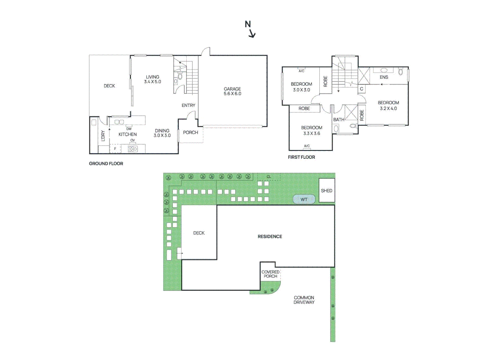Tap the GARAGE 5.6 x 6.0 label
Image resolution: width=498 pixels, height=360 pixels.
232,91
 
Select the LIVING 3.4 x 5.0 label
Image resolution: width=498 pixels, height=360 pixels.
153,79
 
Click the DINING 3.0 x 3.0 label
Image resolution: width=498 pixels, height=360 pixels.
162,133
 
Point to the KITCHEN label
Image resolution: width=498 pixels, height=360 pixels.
128,134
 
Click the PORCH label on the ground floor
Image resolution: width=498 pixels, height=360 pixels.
190,133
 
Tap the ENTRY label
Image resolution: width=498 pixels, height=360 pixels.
188,105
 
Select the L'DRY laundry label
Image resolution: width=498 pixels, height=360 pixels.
103,136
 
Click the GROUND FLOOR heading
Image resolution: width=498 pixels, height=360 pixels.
106,164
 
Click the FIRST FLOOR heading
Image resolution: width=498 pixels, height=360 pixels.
301,157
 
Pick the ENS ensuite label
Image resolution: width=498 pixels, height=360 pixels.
384,77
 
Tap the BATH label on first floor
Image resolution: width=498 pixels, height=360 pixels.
339,120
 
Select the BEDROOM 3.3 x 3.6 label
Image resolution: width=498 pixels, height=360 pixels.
312,130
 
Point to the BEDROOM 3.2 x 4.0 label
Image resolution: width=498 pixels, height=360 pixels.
388,106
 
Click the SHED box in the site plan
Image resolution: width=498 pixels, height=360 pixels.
327,191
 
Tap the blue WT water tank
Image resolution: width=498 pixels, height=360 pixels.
304,199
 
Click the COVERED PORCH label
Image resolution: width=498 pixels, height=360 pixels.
270,274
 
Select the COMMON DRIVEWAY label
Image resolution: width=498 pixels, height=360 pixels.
304,300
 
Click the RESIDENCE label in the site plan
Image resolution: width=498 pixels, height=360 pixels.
270,237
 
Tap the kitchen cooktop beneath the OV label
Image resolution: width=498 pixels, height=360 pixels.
133,149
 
